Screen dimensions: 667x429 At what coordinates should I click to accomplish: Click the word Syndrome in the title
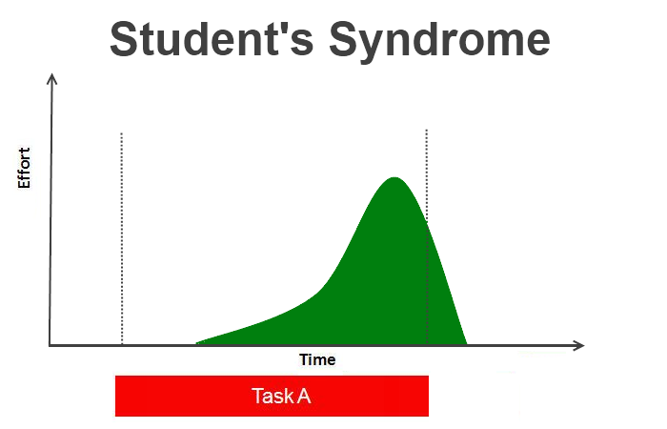coord(440,42)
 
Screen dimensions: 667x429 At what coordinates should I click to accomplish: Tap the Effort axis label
coord(24,168)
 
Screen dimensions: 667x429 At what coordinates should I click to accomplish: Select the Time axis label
coord(317,360)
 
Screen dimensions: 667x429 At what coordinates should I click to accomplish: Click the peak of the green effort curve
coord(394,178)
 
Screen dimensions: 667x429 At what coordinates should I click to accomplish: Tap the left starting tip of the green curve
coord(196,342)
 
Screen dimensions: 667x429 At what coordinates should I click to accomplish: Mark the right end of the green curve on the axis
coord(467,343)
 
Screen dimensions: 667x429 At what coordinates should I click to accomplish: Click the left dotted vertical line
coord(122,238)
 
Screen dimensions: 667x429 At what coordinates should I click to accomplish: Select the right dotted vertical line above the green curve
coord(427,174)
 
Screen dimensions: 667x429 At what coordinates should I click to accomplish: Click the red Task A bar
coord(272,396)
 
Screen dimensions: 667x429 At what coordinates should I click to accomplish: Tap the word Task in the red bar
coord(273,396)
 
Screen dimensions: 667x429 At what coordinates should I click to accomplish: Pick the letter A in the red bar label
coord(304,396)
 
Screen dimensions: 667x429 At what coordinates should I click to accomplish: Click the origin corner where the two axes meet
coord(50,345)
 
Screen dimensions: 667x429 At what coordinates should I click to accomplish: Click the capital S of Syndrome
coord(343,39)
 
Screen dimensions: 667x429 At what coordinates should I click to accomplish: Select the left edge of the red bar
coord(115,396)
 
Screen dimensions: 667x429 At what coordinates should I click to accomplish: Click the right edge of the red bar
coord(429,396)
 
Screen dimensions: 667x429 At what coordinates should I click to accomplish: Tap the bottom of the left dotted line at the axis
coord(122,344)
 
